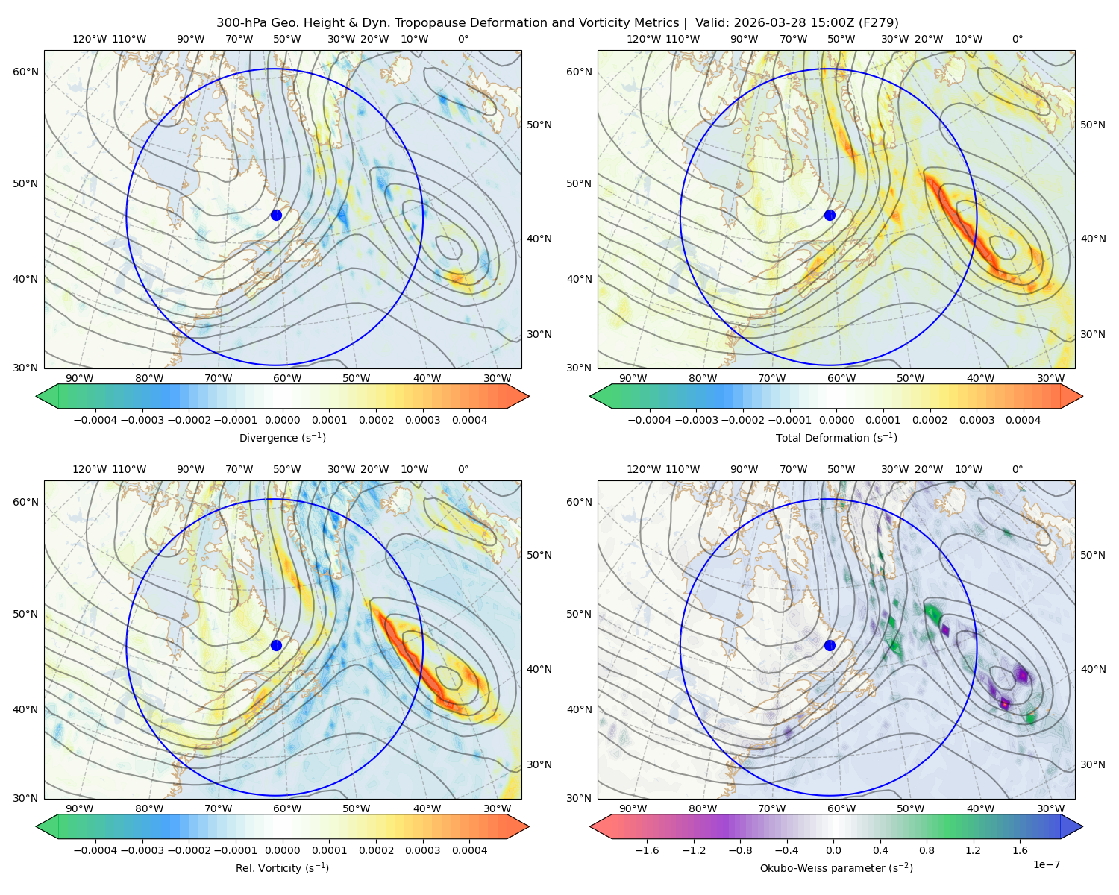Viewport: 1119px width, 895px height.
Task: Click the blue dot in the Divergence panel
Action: point(276,216)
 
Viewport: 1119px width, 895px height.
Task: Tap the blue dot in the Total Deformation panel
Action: point(830,216)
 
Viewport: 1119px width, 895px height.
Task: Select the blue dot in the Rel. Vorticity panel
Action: point(276,645)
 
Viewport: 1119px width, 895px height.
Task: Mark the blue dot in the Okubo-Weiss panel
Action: point(830,645)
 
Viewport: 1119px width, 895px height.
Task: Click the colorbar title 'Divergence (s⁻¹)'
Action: point(282,437)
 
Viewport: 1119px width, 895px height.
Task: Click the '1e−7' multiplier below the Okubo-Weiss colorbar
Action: point(1046,865)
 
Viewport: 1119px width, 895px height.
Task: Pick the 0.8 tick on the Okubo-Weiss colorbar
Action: point(927,850)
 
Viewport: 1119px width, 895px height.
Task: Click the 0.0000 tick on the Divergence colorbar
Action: point(282,420)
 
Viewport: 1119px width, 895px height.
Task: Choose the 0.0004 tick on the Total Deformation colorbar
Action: point(1024,420)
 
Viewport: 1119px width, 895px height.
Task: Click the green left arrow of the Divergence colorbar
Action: point(47,396)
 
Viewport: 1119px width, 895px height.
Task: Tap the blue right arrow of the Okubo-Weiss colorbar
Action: point(1072,826)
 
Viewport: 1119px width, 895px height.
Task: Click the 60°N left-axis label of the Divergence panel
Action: point(25,72)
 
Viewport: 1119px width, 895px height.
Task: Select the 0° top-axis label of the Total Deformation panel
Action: point(1018,39)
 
